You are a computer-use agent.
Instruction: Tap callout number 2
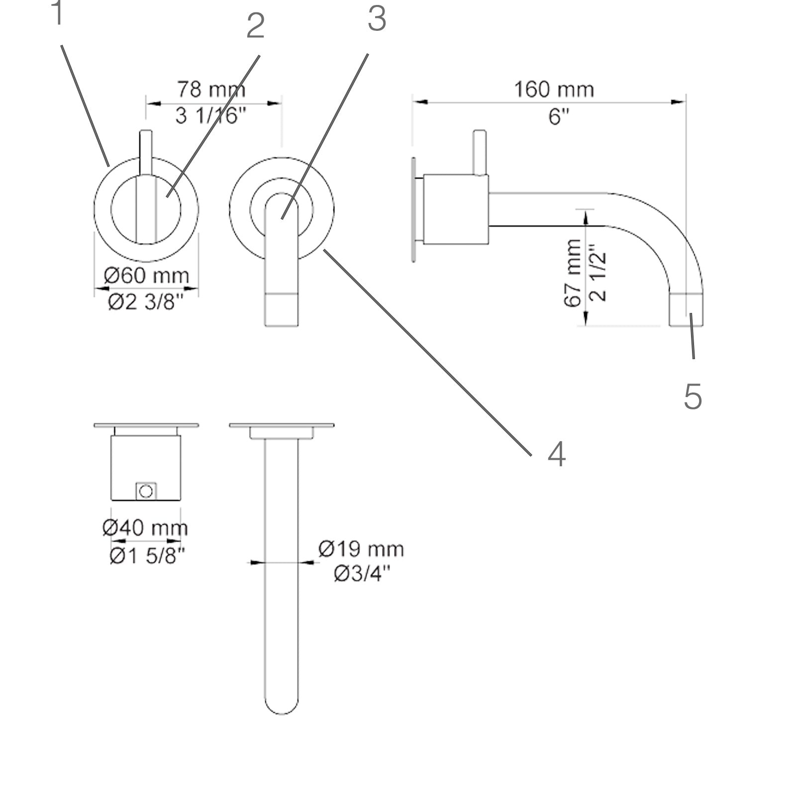tap(255, 27)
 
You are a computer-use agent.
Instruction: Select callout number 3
tap(377, 20)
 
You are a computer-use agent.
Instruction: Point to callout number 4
tap(556, 454)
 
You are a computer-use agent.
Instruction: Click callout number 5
tap(693, 397)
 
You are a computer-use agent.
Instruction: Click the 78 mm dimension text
tap(211, 90)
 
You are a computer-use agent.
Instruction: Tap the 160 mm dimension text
tap(554, 90)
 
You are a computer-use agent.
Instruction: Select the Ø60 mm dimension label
tap(146, 276)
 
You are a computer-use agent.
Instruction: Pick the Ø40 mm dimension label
tap(145, 528)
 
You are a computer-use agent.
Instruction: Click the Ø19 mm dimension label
tap(361, 549)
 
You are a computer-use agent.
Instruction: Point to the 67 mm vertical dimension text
tap(573, 273)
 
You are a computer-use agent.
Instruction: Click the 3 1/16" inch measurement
tap(211, 116)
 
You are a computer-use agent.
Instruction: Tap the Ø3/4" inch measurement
tap(362, 575)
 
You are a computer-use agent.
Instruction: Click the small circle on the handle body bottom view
tap(146, 492)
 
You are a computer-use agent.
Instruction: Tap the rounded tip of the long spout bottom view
tap(282, 707)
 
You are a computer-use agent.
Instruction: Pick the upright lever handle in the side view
tap(479, 152)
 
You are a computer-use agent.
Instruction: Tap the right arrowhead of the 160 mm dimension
tap(679, 102)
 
